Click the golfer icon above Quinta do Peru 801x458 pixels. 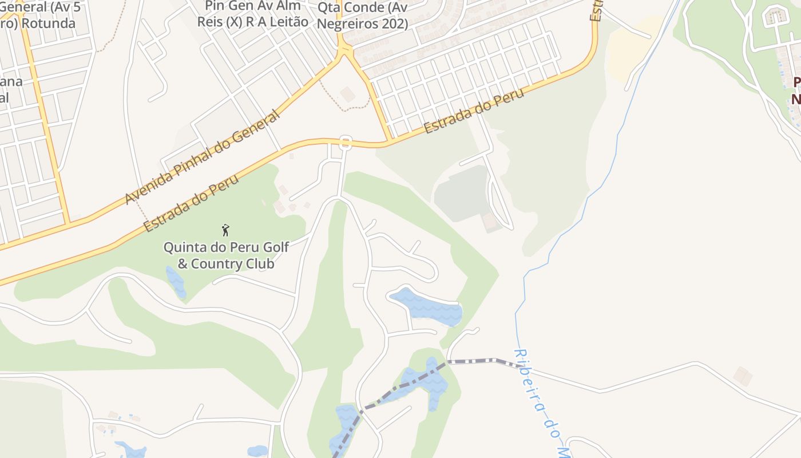point(225,230)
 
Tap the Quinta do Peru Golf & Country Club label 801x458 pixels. point(226,255)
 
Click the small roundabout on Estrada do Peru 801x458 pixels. point(345,143)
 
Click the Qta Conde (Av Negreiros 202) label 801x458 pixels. point(362,15)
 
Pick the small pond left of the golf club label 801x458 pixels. point(176,281)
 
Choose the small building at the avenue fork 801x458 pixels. point(347,94)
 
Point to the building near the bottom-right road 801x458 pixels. point(743,376)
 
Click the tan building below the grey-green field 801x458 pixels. point(490,222)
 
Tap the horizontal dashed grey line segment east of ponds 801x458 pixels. point(472,361)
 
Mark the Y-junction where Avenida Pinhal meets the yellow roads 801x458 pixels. point(344,53)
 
